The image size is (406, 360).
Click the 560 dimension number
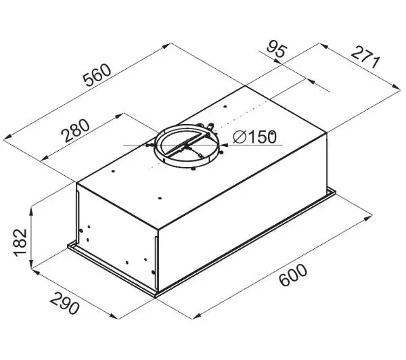[x=97, y=75]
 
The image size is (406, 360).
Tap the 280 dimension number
[x=75, y=131]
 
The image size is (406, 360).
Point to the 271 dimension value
[x=365, y=58]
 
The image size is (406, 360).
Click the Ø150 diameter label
[x=255, y=137]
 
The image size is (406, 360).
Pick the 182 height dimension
[x=20, y=243]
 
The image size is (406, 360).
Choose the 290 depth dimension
[x=64, y=303]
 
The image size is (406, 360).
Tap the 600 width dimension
[x=293, y=275]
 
